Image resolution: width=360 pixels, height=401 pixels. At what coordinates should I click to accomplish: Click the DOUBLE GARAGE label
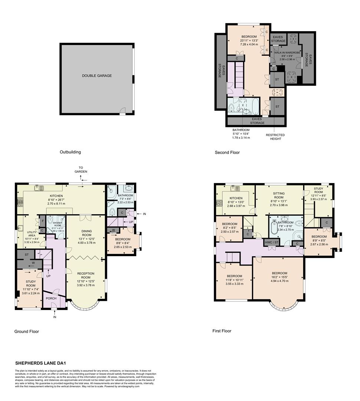pyautogui.click(x=97, y=76)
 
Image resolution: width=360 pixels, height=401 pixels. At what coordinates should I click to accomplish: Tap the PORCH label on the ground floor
pyautogui.click(x=51, y=298)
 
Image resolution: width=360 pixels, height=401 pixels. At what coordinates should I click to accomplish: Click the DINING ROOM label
pyautogui.click(x=86, y=233)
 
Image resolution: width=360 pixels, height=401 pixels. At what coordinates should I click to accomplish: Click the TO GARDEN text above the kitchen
pyautogui.click(x=81, y=169)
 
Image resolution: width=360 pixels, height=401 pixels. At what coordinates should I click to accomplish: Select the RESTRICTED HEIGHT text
pyautogui.click(x=275, y=137)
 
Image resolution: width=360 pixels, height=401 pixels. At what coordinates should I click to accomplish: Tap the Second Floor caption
pyautogui.click(x=227, y=152)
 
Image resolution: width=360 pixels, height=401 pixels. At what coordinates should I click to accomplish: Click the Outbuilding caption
pyautogui.click(x=70, y=152)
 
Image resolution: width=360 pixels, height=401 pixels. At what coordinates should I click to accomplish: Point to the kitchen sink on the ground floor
pyautogui.click(x=38, y=188)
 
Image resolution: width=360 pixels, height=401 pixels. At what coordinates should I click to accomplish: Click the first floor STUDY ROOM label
pyautogui.click(x=319, y=195)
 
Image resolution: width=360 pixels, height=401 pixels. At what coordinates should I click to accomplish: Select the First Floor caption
pyautogui.click(x=222, y=330)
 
